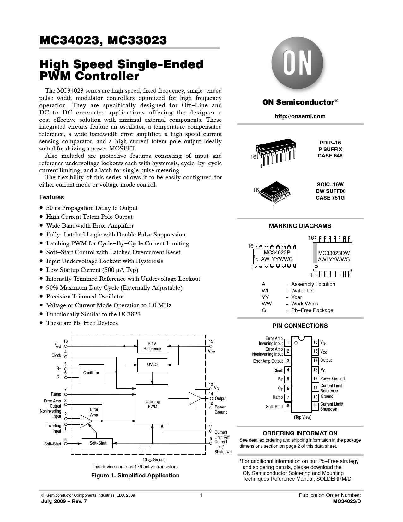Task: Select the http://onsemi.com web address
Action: pyautogui.click(x=300, y=116)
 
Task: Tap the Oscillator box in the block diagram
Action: pyautogui.click(x=91, y=373)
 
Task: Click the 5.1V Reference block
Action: pyautogui.click(x=152, y=346)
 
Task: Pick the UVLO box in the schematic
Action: pyautogui.click(x=152, y=365)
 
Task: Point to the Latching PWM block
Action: pyautogui.click(x=152, y=404)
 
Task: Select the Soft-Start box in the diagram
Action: pyautogui.click(x=98, y=443)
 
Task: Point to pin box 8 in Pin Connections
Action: pyautogui.click(x=288, y=406)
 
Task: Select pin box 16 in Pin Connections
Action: pyautogui.click(x=315, y=342)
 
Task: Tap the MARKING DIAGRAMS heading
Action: pyautogui.click(x=300, y=226)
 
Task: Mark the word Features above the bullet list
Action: pyautogui.click(x=51, y=197)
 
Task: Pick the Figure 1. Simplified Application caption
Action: pyautogui.click(x=135, y=476)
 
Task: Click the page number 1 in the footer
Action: pyautogui.click(x=201, y=495)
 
